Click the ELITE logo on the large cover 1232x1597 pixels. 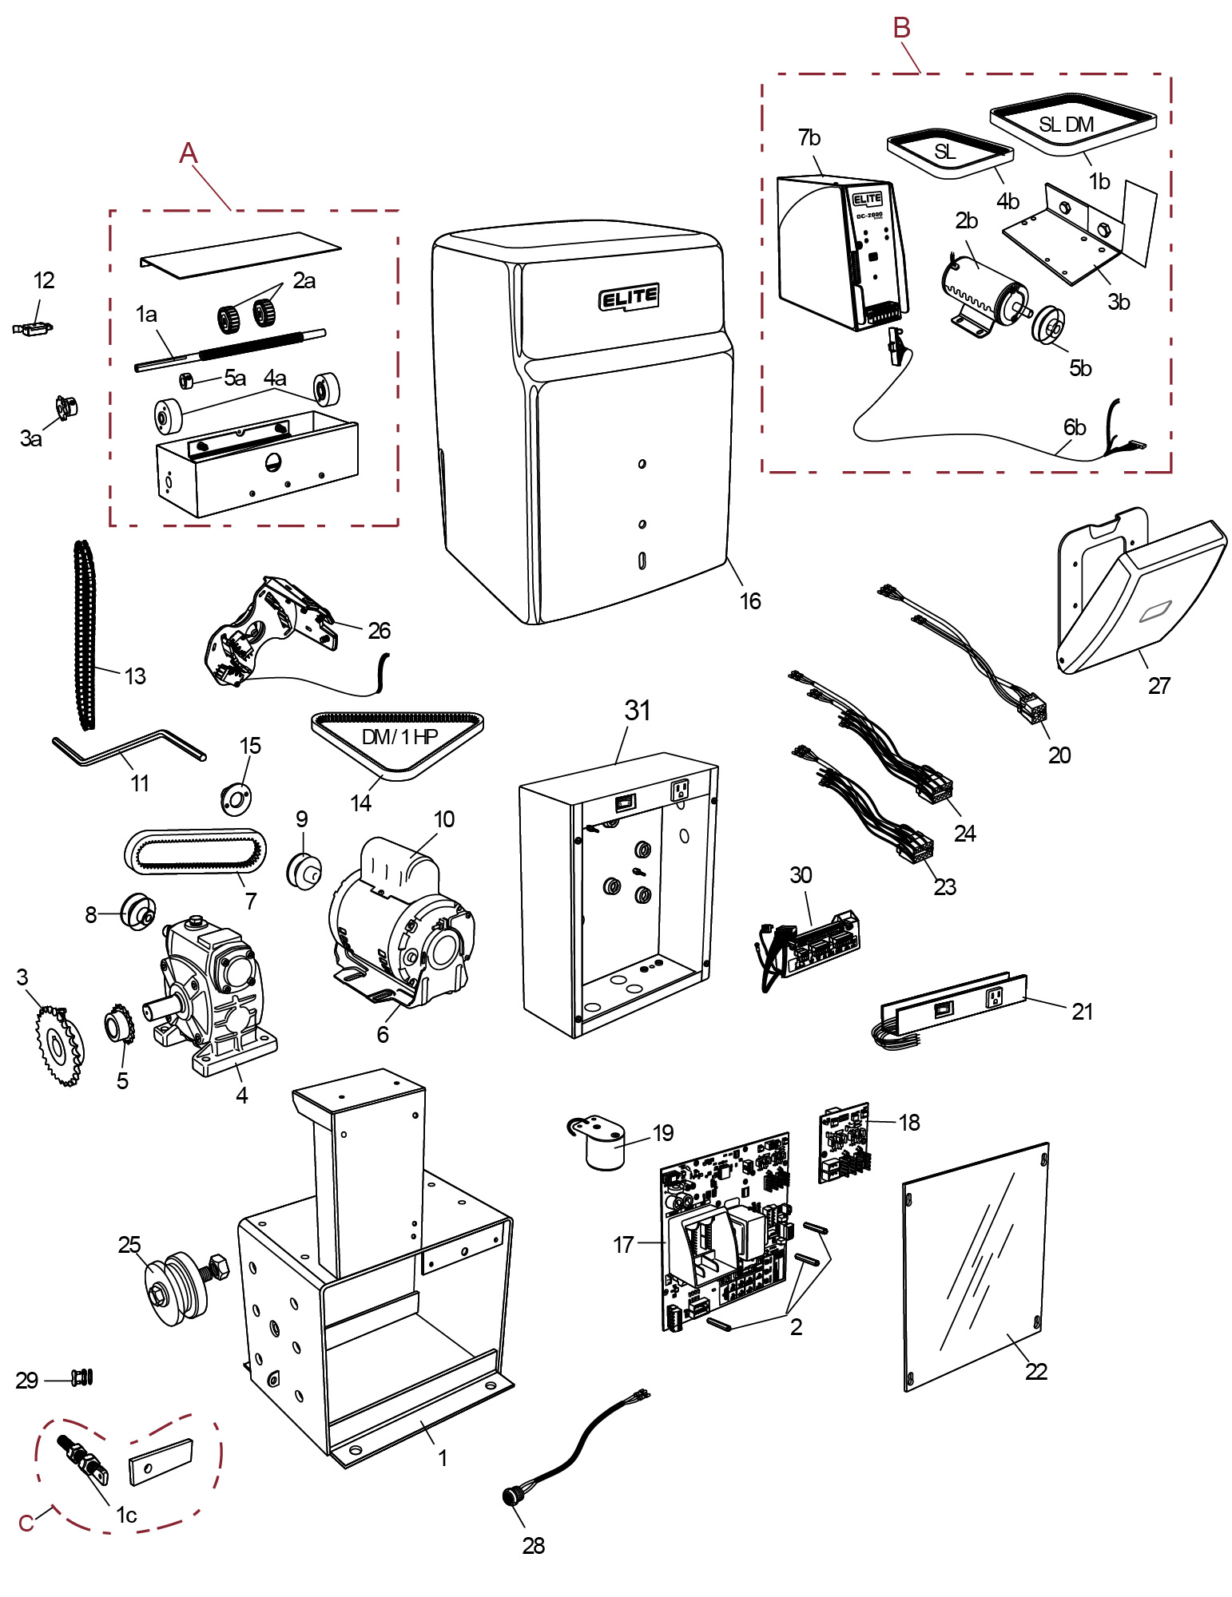pyautogui.click(x=630, y=298)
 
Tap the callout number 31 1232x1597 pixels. pyautogui.click(x=638, y=710)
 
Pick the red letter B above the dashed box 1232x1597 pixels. pyautogui.click(x=901, y=28)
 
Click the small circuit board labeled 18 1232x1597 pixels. pyautogui.click(x=844, y=1143)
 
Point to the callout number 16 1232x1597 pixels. pyautogui.click(x=749, y=601)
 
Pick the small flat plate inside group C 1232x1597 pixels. pyautogui.click(x=161, y=1461)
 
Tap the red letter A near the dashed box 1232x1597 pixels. pyautogui.click(x=188, y=153)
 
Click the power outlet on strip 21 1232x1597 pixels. pyautogui.click(x=995, y=997)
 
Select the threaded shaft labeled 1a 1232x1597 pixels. pyautogui.click(x=232, y=348)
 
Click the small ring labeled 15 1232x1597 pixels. pyautogui.click(x=236, y=798)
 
